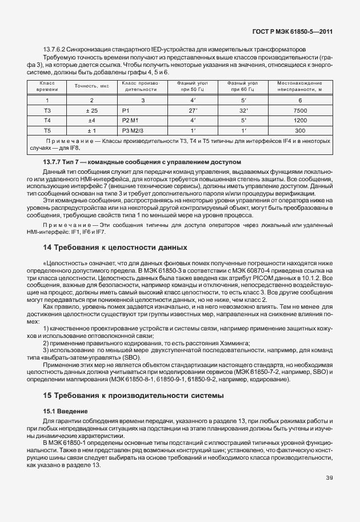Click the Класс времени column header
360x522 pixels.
(x=47, y=86)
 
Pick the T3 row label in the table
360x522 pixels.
(x=47, y=110)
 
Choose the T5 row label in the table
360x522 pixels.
(x=47, y=131)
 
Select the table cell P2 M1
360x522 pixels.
(x=131, y=121)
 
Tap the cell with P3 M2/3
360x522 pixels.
(x=133, y=131)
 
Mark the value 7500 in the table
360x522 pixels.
(x=300, y=110)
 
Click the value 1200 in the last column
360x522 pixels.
(x=300, y=121)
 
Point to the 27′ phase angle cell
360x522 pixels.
(x=193, y=110)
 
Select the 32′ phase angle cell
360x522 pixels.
(x=243, y=110)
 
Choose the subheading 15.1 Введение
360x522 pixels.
(x=66, y=411)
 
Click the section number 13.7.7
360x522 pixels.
(x=47, y=162)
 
